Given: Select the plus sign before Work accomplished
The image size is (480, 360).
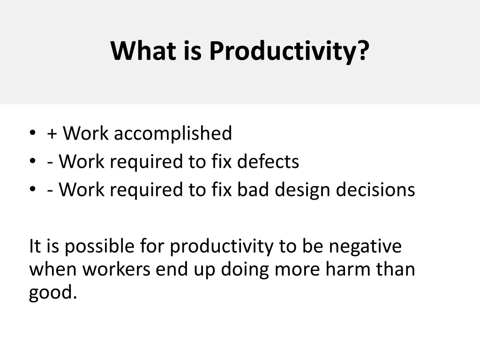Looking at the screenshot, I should pos(52,134).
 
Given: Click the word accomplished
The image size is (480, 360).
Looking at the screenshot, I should pos(172,134).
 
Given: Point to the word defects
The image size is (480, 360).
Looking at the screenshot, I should pos(268,162).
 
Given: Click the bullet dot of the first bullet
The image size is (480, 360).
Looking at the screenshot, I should pos(32,133).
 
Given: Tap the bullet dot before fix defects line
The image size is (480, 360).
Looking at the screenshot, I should pos(32,161).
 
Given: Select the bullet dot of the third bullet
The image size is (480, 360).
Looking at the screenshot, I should pos(32,189).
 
